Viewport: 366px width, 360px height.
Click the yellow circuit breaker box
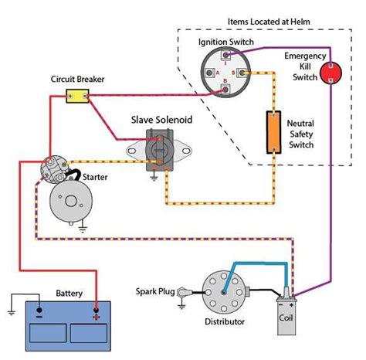click(x=77, y=96)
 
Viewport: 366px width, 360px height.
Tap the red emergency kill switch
click(x=330, y=73)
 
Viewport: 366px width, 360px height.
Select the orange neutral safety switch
click(x=273, y=132)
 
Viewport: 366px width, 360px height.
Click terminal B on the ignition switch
click(x=225, y=89)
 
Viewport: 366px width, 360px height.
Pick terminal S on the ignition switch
click(x=242, y=73)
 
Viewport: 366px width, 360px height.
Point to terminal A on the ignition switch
click(x=209, y=73)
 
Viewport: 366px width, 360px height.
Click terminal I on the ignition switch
click(x=225, y=55)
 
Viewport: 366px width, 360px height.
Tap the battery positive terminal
click(x=97, y=310)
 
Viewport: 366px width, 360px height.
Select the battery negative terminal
click(x=39, y=310)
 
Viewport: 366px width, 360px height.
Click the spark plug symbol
click(x=185, y=292)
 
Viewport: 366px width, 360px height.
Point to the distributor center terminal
click(x=224, y=292)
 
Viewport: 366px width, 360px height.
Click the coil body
click(x=286, y=316)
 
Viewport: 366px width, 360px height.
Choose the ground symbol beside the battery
click(x=11, y=313)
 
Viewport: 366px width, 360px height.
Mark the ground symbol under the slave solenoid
click(x=154, y=178)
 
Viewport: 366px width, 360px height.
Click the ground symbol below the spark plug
click(x=181, y=306)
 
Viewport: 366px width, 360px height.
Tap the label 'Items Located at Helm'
click(x=269, y=22)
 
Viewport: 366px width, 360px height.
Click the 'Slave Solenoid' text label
click(x=161, y=120)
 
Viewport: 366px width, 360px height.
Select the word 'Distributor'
click(x=225, y=321)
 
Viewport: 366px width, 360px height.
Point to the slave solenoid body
click(x=160, y=150)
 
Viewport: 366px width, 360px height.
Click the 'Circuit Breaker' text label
click(x=77, y=79)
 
